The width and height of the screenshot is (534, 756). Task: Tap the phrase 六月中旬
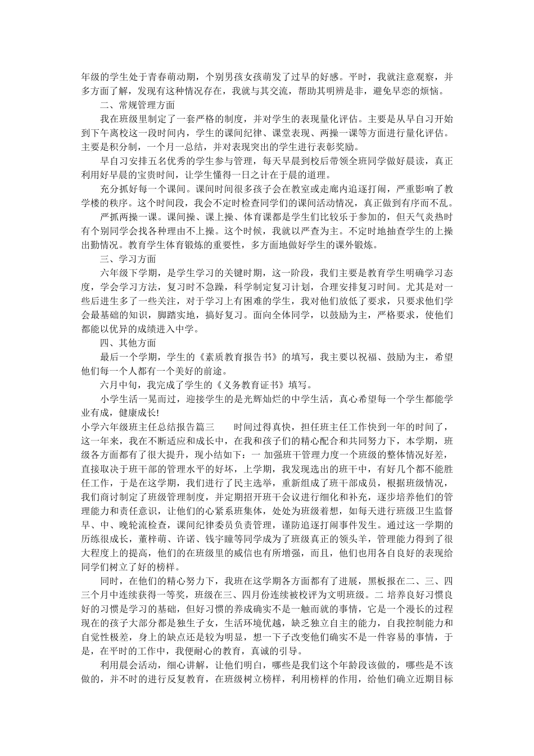pyautogui.click(x=119, y=385)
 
